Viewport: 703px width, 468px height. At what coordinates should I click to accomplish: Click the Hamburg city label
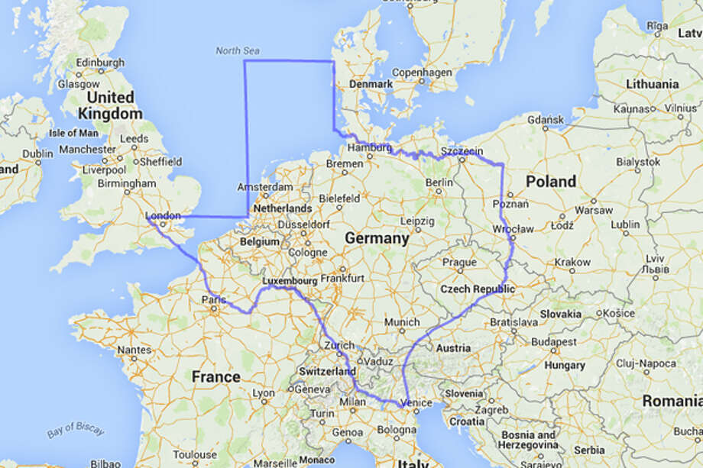[x=370, y=147]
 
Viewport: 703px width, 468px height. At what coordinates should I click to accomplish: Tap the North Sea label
[x=237, y=50]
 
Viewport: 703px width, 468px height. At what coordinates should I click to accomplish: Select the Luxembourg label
[x=289, y=280]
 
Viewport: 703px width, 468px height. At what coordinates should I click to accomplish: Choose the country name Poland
[x=550, y=182]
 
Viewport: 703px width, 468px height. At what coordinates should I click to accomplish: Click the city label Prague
[x=458, y=262]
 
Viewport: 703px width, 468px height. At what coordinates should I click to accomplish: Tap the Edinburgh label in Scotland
[x=99, y=62]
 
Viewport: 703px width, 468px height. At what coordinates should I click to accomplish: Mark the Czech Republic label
[x=477, y=289]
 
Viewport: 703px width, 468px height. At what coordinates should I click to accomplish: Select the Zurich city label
[x=339, y=345]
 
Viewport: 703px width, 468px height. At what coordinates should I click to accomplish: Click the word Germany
[x=377, y=238]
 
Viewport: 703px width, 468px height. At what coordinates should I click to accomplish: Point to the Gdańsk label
[x=545, y=120]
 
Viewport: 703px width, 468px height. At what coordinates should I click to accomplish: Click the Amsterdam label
[x=265, y=187]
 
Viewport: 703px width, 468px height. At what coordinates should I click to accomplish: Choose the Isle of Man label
[x=73, y=132]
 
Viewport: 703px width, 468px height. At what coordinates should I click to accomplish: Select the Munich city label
[x=402, y=323]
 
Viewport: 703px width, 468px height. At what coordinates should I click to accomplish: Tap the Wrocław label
[x=513, y=229]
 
